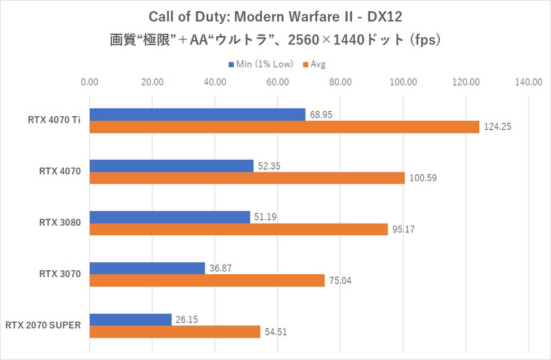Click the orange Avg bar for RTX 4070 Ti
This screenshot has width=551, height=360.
tap(284, 127)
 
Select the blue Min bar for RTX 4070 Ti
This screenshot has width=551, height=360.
tap(197, 115)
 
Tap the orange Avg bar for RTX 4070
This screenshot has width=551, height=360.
tap(247, 178)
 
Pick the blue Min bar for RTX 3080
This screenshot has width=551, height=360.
tap(169, 217)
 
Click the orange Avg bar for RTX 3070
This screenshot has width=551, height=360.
tap(207, 280)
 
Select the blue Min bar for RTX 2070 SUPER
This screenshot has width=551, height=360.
tap(130, 319)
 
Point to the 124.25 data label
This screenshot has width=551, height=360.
tap(497, 127)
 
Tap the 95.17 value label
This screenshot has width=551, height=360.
tap(403, 230)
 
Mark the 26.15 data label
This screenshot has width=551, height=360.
tap(186, 319)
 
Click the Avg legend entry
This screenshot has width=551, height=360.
tap(318, 64)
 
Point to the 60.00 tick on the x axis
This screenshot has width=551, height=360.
tap(278, 82)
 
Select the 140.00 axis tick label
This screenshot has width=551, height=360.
tap(528, 82)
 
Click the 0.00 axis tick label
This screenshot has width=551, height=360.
tap(90, 82)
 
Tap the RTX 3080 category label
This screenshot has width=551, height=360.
tap(60, 223)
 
